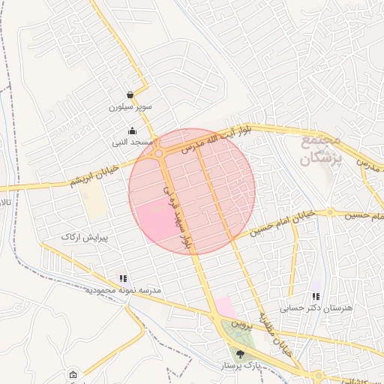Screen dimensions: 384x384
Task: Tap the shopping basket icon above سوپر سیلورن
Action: (x=130, y=95)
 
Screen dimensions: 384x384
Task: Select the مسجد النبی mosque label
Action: (x=133, y=142)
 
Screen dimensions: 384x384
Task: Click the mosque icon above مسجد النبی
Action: (x=133, y=130)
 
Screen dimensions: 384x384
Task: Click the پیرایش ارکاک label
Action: (x=85, y=237)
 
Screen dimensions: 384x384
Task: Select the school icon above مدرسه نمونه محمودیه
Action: (x=123, y=278)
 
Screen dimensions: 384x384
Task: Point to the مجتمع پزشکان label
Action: (x=322, y=149)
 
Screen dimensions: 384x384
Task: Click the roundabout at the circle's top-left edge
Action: (x=159, y=153)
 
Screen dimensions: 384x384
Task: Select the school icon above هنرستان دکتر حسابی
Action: (x=316, y=296)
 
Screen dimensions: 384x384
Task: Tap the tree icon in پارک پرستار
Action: (x=240, y=353)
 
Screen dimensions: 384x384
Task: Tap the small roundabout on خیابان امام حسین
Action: (x=329, y=212)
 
